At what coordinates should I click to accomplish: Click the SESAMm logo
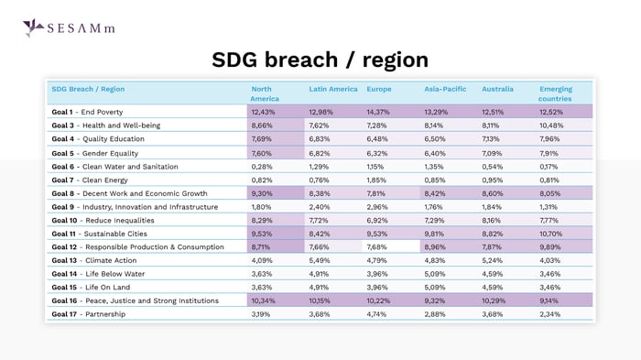[68, 27]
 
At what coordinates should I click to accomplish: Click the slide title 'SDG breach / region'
[320, 60]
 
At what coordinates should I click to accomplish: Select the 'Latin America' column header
[332, 89]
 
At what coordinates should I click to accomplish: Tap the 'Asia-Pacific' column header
[445, 89]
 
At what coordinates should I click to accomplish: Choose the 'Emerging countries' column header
[556, 93]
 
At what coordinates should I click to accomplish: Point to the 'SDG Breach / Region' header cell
[88, 89]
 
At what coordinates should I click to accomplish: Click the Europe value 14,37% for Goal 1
[378, 111]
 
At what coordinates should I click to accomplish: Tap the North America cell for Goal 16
[264, 300]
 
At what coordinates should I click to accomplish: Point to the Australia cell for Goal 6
[494, 166]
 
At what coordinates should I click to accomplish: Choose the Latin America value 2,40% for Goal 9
[320, 207]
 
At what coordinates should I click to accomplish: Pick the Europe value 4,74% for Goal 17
[377, 314]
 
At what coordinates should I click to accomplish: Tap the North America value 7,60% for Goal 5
[262, 152]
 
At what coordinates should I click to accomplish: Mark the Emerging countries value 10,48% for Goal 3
[552, 125]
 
